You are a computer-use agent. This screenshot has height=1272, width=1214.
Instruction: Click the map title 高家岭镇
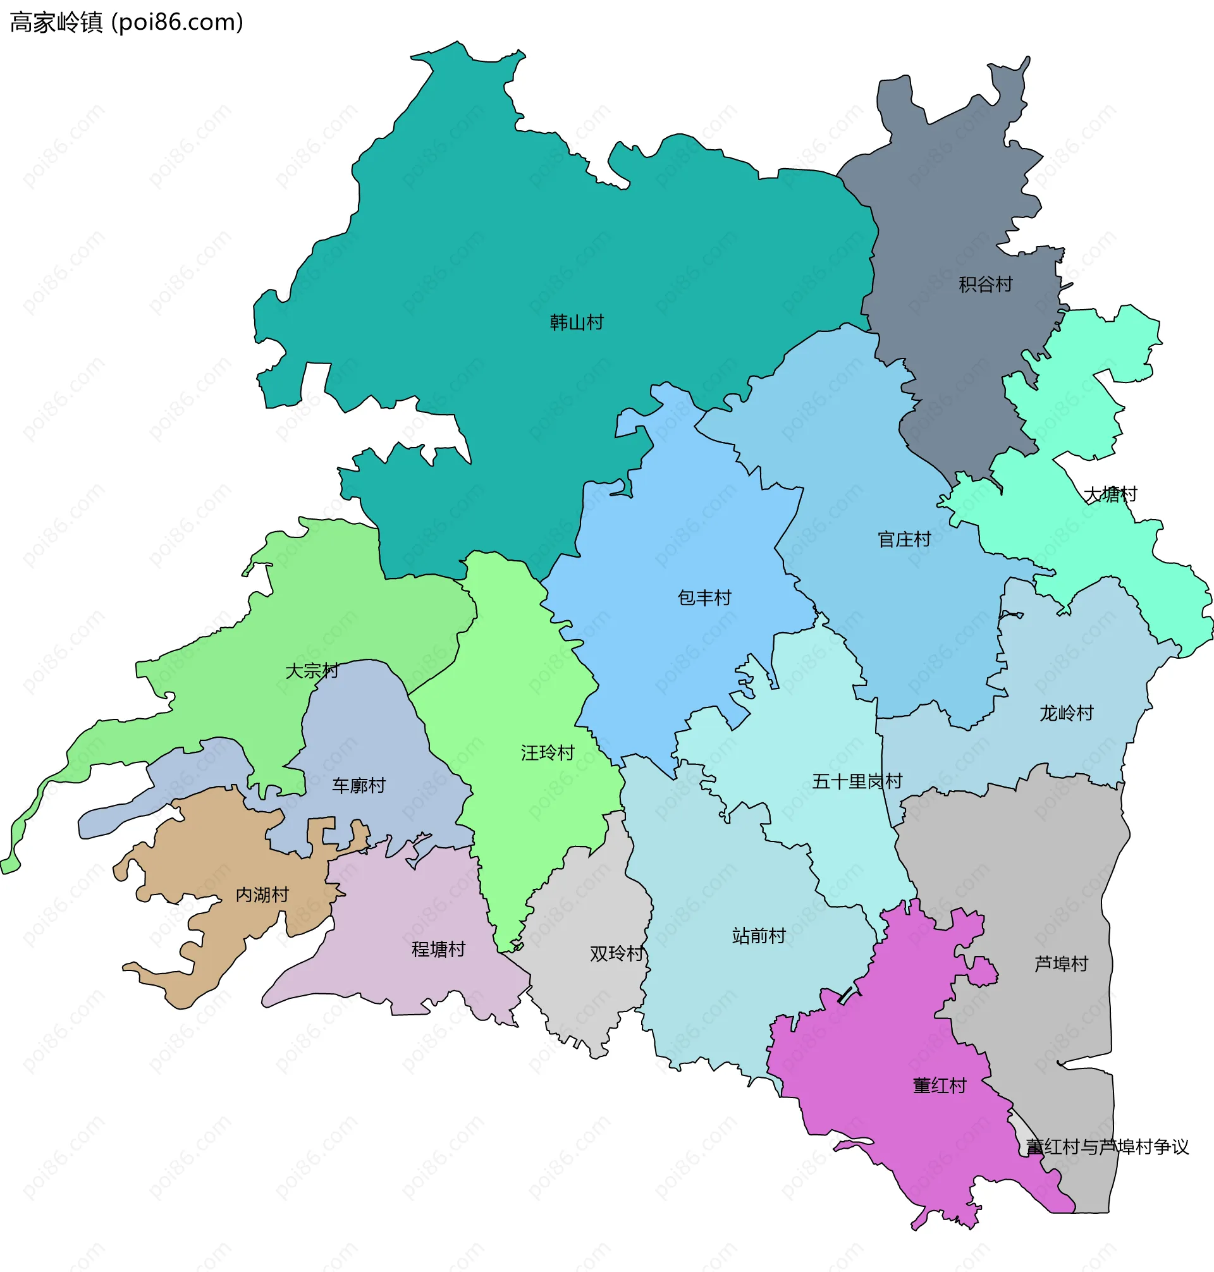pyautogui.click(x=56, y=23)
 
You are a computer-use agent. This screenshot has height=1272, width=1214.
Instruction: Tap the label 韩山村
pyautogui.click(x=576, y=322)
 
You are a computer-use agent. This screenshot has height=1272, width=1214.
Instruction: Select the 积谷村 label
pyautogui.click(x=985, y=284)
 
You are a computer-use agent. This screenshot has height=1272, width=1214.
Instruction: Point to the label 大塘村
pyautogui.click(x=1110, y=495)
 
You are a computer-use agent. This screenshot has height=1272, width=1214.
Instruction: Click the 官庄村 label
pyautogui.click(x=904, y=540)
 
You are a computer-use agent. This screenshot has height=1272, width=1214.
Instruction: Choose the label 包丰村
pyautogui.click(x=704, y=598)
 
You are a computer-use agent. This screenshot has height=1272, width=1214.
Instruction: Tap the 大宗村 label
pyautogui.click(x=312, y=671)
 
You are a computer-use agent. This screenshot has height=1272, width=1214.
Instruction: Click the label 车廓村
pyautogui.click(x=359, y=785)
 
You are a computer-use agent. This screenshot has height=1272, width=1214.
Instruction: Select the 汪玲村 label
pyautogui.click(x=548, y=753)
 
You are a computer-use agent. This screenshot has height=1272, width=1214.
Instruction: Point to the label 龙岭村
pyautogui.click(x=1066, y=714)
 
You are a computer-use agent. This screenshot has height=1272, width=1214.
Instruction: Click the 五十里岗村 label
pyautogui.click(x=857, y=781)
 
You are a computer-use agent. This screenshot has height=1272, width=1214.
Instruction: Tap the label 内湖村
pyautogui.click(x=261, y=895)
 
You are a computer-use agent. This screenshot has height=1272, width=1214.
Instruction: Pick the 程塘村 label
pyautogui.click(x=438, y=949)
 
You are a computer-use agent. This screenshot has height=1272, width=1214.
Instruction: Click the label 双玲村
pyautogui.click(x=616, y=953)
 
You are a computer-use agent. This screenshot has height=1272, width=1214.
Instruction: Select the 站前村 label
pyautogui.click(x=758, y=936)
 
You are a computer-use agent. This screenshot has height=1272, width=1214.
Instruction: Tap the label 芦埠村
pyautogui.click(x=1060, y=964)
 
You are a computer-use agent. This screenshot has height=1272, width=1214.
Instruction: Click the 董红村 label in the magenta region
pyautogui.click(x=939, y=1085)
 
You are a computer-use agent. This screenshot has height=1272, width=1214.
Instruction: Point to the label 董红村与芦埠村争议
pyautogui.click(x=1107, y=1147)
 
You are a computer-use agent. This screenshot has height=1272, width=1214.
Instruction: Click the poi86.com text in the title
pyautogui.click(x=178, y=23)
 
